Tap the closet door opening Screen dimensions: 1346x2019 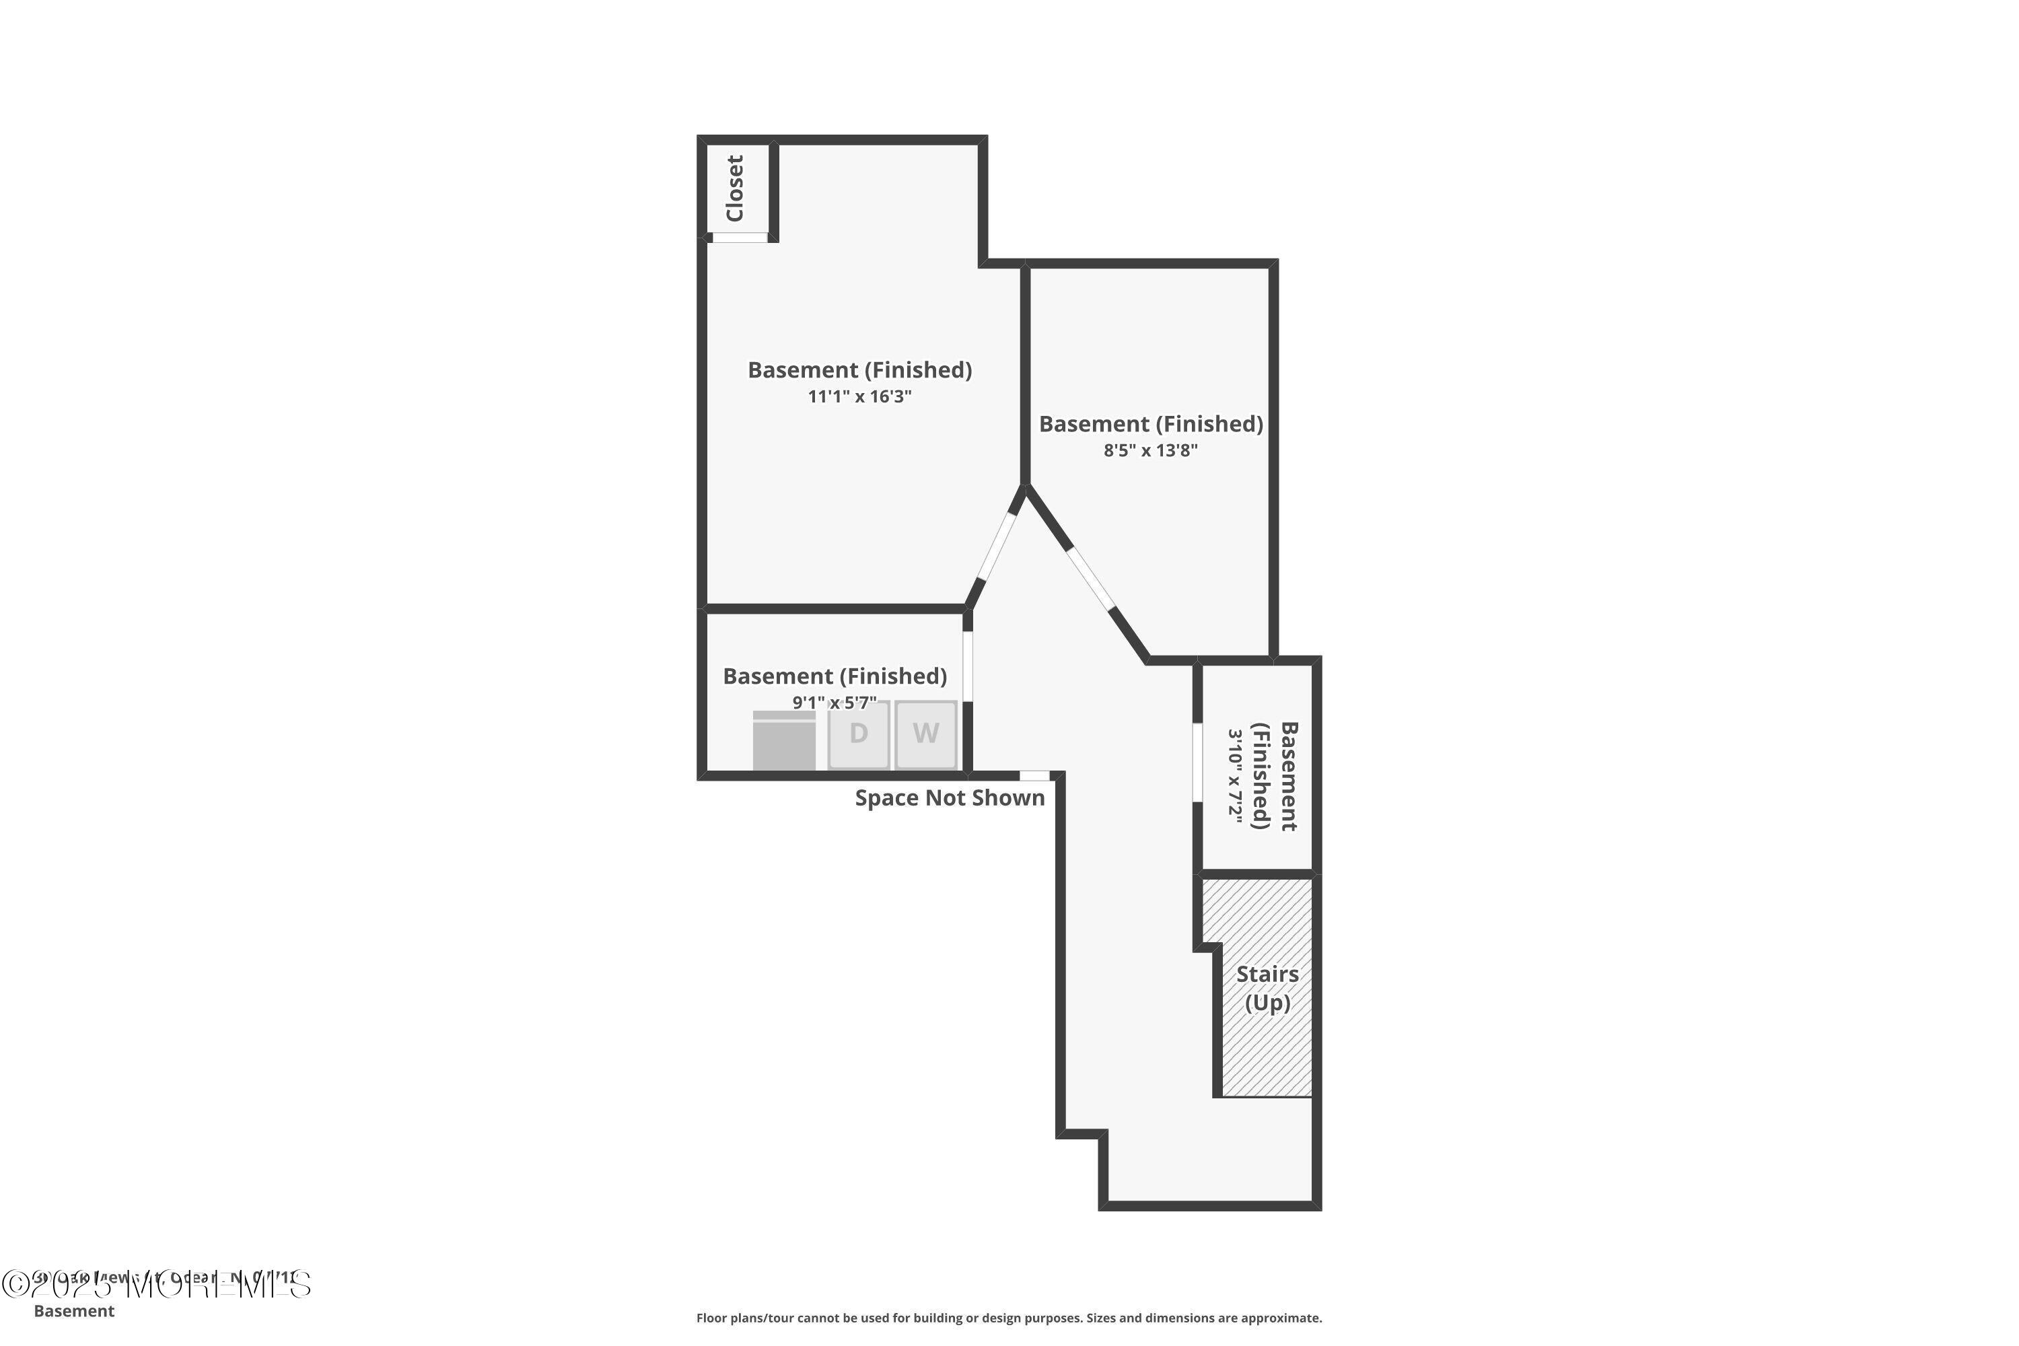739,238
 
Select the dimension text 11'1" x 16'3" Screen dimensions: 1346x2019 859,396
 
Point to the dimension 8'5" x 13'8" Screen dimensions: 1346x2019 1150,451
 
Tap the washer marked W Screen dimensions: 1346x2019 925,734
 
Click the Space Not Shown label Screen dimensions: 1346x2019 950,798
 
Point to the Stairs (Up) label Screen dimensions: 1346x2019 1267,988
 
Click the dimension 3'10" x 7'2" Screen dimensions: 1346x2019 1235,776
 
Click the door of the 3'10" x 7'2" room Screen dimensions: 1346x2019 1197,763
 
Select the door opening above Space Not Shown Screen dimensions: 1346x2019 1034,776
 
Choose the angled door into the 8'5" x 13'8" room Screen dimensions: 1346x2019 1090,579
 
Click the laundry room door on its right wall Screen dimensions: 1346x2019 968,666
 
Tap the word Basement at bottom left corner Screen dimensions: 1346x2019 74,1311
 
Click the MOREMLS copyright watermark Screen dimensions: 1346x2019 156,1285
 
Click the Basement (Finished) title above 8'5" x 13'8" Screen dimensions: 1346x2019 1150,424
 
